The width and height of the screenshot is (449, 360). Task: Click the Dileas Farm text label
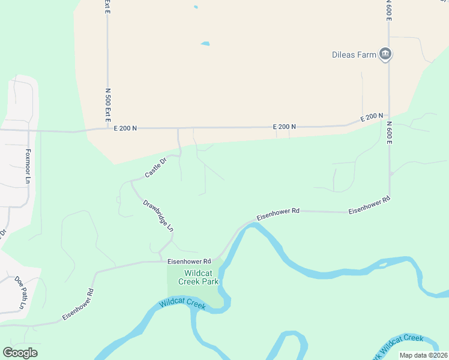click(354, 55)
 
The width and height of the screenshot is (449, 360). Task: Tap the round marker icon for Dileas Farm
click(385, 55)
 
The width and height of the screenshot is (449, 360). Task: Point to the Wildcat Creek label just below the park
click(182, 304)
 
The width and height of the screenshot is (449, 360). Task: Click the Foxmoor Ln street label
click(28, 166)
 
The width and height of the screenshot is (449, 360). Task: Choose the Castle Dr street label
click(154, 169)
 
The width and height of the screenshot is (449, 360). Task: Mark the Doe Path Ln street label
click(21, 292)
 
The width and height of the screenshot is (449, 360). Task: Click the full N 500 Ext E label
click(108, 106)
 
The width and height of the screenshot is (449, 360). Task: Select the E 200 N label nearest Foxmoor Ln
click(125, 128)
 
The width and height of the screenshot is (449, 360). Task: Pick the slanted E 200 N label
click(372, 118)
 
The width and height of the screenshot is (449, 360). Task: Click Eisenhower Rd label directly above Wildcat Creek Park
click(190, 262)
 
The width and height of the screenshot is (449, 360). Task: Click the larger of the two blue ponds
click(205, 44)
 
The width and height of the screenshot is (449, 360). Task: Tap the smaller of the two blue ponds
click(195, 7)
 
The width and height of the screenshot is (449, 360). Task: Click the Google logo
click(20, 353)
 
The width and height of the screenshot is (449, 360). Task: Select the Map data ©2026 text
click(423, 355)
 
